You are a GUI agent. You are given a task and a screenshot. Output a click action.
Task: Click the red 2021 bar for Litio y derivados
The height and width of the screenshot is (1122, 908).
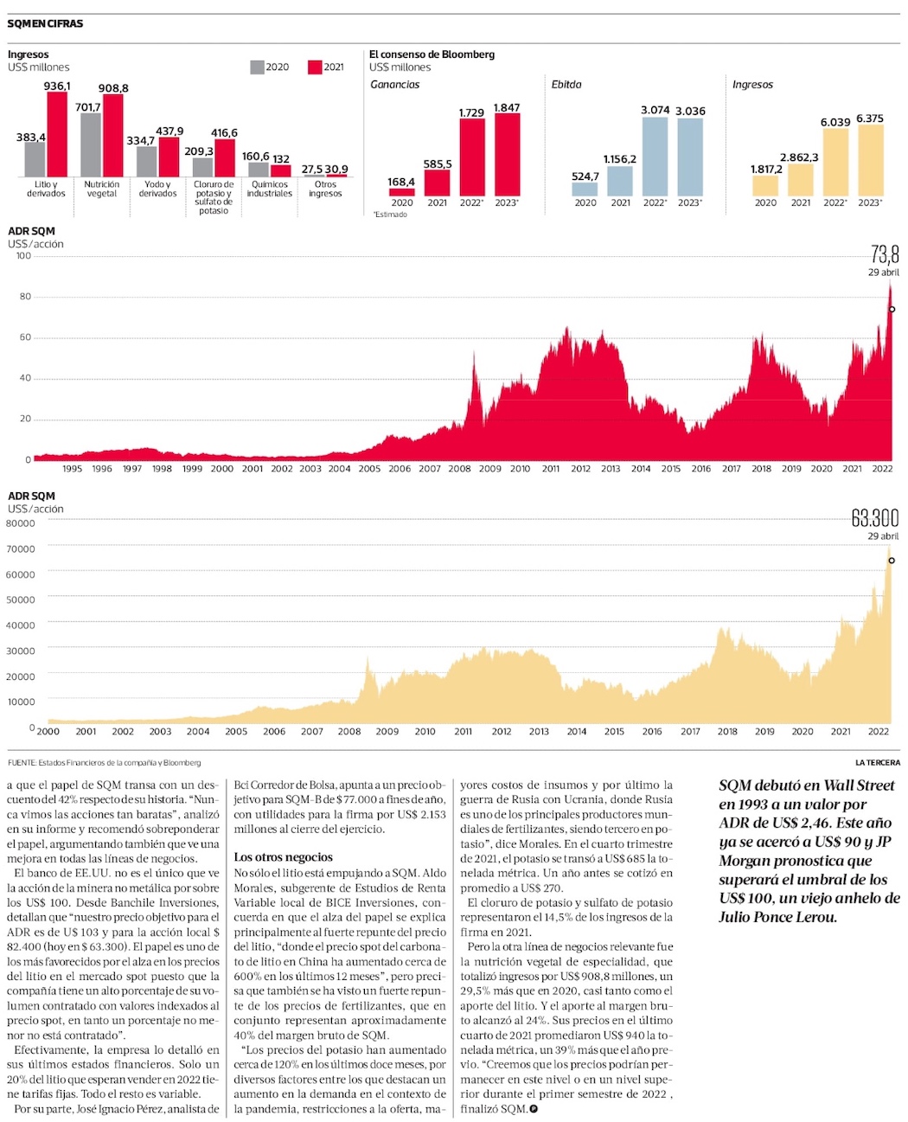57,134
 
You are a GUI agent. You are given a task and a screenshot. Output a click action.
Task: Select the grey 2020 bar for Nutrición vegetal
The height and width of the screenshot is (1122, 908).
91,144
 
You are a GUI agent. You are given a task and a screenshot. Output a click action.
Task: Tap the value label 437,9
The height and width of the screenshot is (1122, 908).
169,131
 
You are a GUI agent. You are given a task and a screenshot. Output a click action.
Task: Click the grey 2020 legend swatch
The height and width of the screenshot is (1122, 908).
257,67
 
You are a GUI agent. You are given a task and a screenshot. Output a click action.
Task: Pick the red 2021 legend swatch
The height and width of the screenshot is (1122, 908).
315,67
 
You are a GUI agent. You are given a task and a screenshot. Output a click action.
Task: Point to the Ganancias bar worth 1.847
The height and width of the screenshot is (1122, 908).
507,155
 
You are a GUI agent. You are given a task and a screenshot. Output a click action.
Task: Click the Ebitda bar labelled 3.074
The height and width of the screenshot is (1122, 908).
655,157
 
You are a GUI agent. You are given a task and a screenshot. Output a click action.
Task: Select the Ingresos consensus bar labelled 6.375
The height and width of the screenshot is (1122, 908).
870,160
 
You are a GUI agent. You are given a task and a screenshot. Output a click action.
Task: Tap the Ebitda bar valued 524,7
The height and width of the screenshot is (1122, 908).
585,189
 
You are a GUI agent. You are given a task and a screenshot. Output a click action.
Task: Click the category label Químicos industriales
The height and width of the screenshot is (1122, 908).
269,189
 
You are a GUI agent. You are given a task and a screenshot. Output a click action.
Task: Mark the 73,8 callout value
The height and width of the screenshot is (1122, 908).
884,254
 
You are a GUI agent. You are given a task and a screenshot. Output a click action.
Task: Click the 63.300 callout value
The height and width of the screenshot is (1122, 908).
874,518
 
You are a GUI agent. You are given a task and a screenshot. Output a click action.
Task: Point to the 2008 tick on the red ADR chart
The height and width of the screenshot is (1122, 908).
459,469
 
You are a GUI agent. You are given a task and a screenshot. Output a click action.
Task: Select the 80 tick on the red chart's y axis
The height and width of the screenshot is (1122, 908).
25,297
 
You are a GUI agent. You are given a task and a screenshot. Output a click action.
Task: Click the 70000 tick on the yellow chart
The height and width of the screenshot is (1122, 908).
21,548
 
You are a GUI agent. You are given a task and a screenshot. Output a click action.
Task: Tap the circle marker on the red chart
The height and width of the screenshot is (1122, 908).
892,309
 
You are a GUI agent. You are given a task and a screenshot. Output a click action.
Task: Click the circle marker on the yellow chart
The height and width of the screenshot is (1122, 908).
892,561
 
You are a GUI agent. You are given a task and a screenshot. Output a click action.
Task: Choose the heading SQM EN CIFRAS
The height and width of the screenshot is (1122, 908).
45,23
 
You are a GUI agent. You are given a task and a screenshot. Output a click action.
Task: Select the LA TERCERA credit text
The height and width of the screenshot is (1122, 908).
877,762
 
